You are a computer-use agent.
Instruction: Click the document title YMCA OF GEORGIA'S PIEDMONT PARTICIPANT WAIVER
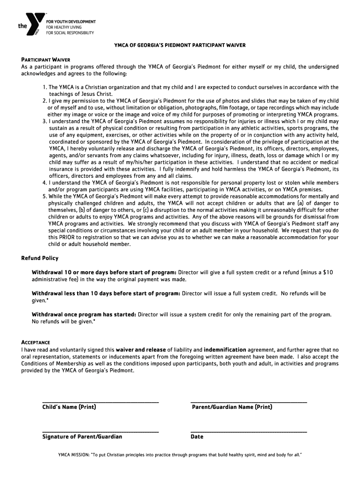click(x=180, y=45)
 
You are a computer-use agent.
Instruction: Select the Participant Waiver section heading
click(x=45, y=60)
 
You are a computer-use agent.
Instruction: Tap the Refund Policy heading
click(x=40, y=258)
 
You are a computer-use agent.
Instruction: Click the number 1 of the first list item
click(x=44, y=87)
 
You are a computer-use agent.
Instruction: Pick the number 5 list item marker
click(x=44, y=196)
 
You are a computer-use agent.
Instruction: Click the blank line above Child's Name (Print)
click(x=100, y=402)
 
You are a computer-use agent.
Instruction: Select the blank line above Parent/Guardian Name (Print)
click(x=249, y=402)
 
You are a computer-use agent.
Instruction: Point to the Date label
click(x=197, y=437)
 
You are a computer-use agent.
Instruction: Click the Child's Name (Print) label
click(x=69, y=407)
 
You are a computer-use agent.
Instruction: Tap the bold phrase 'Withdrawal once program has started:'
click(x=84, y=315)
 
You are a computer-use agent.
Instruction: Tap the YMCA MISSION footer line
click(x=180, y=454)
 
